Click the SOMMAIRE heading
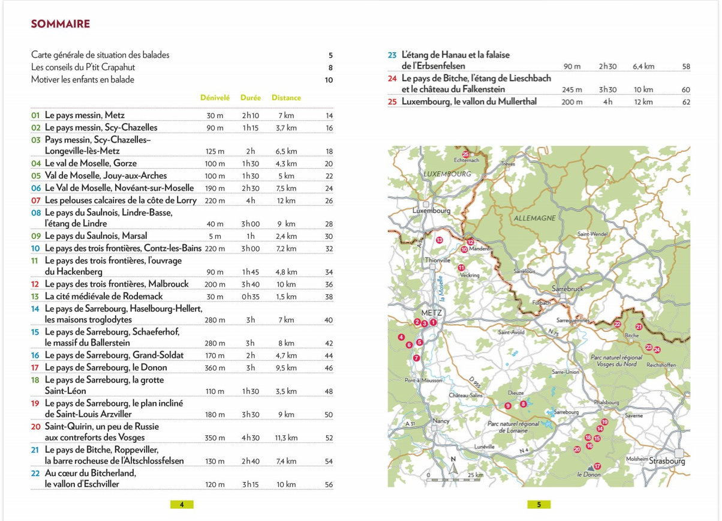(x=61, y=24)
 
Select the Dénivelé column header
(x=215, y=97)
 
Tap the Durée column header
(x=250, y=97)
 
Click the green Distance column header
(x=286, y=97)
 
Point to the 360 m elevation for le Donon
(x=215, y=367)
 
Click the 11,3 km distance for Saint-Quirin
(x=286, y=438)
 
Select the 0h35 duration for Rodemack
(x=250, y=297)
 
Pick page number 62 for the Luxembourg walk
(x=686, y=102)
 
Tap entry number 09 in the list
(x=36, y=236)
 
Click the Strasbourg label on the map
(x=667, y=461)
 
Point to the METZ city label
(x=431, y=313)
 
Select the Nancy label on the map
(x=441, y=421)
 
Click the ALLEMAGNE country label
(x=534, y=218)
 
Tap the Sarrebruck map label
(x=567, y=289)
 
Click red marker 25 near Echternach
(x=465, y=154)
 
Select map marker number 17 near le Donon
(x=597, y=466)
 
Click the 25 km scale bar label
(x=475, y=475)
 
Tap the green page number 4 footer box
(x=182, y=505)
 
